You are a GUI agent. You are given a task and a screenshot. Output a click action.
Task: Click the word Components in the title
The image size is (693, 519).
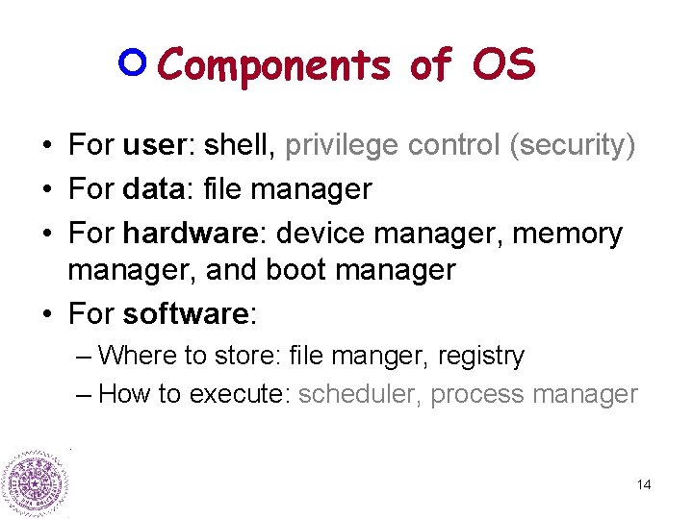pyautogui.click(x=274, y=66)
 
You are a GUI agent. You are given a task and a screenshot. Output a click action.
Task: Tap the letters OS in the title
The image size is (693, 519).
pyautogui.click(x=503, y=64)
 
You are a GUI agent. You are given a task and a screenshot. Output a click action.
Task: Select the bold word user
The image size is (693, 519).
pyautogui.click(x=158, y=145)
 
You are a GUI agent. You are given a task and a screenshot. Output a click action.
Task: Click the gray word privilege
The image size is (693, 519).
pyautogui.click(x=342, y=145)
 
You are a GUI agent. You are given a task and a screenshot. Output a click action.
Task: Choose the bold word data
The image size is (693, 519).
pyautogui.click(x=157, y=189)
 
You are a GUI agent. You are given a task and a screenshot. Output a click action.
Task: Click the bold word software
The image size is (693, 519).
pyautogui.click(x=187, y=314)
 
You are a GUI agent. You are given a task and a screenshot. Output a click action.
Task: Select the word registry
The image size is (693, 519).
pyautogui.click(x=480, y=357)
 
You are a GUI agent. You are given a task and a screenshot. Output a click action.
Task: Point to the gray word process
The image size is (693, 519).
pyautogui.click(x=472, y=395)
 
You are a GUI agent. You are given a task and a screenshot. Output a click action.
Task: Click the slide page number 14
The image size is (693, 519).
pyautogui.click(x=644, y=484)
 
